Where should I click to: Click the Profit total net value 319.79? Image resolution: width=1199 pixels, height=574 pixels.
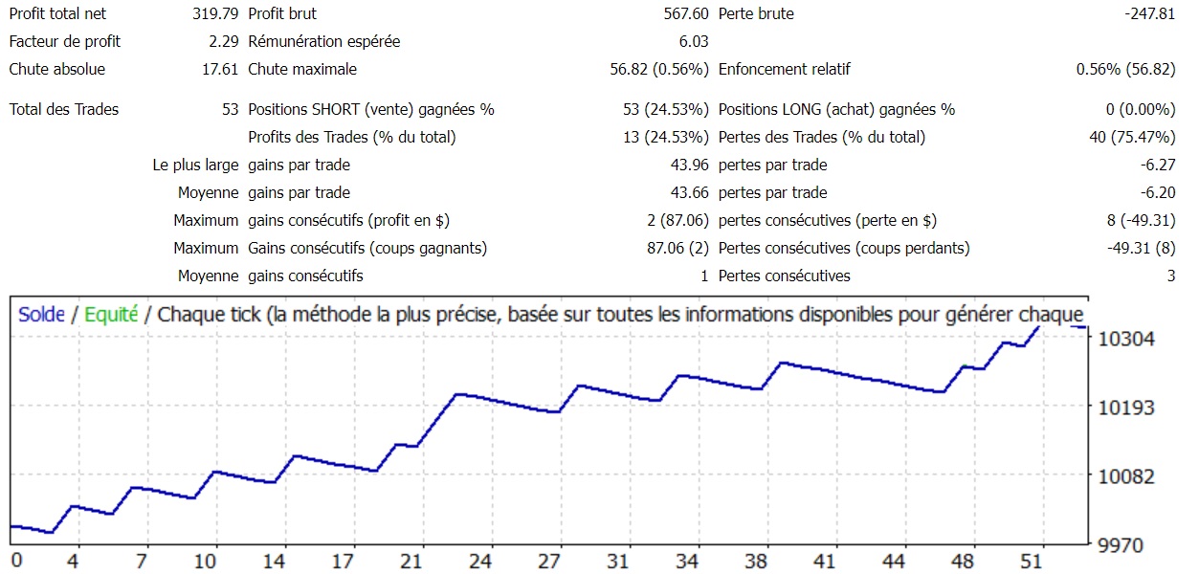[215, 14]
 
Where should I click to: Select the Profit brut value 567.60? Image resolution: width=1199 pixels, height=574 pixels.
[685, 14]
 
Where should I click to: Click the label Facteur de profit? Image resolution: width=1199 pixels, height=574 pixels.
[65, 42]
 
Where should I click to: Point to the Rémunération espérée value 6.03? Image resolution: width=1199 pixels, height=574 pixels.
[693, 42]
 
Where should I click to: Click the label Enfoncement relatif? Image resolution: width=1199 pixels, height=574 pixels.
[784, 70]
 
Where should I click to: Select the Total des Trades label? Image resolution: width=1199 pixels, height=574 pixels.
[64, 110]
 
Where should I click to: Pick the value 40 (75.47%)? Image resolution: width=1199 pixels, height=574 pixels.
[1132, 138]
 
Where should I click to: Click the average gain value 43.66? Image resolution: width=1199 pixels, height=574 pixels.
[689, 193]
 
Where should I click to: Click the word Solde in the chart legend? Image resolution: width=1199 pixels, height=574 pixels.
[41, 315]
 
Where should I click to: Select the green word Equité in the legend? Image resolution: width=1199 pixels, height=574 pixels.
[111, 315]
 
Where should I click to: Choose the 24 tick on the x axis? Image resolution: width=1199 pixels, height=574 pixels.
[481, 560]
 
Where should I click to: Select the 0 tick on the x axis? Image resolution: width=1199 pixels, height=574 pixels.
[14, 560]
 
